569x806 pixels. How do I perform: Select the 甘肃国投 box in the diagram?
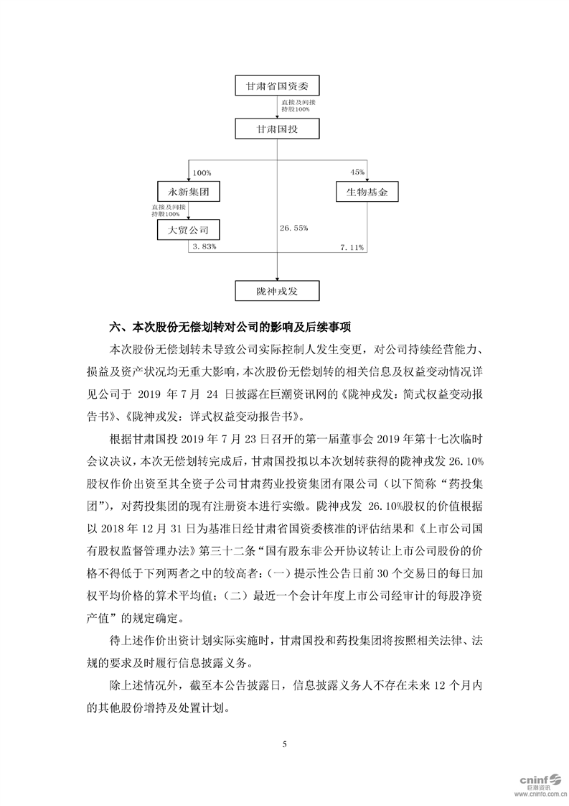click(277, 130)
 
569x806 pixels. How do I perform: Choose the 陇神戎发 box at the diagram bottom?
click(277, 289)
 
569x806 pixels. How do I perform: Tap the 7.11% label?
click(352, 247)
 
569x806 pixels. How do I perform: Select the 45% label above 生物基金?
click(357, 173)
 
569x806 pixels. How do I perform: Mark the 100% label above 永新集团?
click(202, 173)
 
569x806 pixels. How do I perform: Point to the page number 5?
click(284, 744)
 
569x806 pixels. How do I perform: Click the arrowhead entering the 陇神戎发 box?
click(277, 277)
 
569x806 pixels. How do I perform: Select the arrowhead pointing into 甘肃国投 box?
click(277, 118)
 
